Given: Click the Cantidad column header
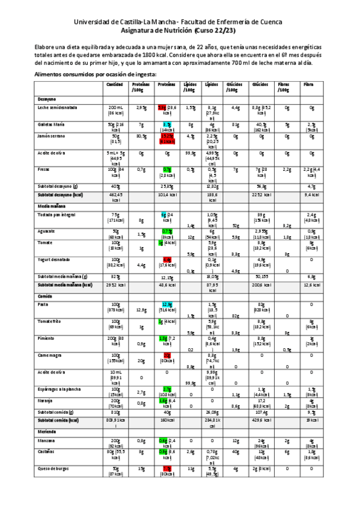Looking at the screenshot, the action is (x=115, y=85).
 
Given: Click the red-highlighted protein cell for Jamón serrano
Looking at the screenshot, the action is (x=166, y=139).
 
